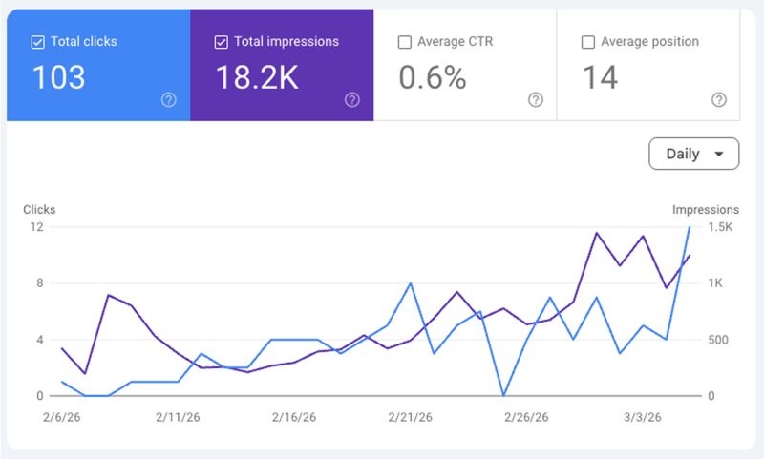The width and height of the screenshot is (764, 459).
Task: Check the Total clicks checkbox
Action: [37, 42]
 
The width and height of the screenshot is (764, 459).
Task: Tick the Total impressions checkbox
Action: [222, 42]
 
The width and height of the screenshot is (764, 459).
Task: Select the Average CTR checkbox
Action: [404, 42]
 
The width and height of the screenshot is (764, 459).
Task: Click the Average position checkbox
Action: [588, 42]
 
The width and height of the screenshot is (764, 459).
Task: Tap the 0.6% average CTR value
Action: [432, 78]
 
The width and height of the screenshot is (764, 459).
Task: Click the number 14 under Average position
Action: [601, 78]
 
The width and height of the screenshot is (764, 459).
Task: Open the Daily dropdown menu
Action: [693, 154]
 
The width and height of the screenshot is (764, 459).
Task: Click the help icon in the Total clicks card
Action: [169, 100]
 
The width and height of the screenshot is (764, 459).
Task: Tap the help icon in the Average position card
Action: [719, 100]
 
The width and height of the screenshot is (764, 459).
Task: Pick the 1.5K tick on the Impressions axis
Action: [719, 227]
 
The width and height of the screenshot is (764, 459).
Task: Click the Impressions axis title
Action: [705, 209]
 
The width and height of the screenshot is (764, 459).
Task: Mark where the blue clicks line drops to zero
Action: [503, 395]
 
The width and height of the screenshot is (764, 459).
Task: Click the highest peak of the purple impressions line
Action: [597, 232]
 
